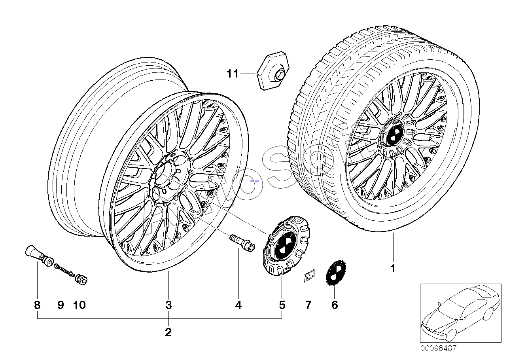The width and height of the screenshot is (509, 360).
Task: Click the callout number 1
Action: (x=393, y=268)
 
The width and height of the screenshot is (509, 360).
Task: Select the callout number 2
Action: (x=168, y=332)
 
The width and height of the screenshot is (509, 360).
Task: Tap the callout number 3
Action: (x=168, y=305)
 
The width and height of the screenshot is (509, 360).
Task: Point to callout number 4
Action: (x=238, y=305)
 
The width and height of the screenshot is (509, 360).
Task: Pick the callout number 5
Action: (x=282, y=305)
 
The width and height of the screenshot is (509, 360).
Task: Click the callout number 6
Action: (x=335, y=305)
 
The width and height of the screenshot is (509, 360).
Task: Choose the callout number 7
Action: (x=308, y=305)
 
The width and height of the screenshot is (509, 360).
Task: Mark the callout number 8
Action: (x=37, y=305)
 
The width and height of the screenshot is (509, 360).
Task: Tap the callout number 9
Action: (x=61, y=305)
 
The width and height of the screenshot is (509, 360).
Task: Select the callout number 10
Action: (x=79, y=305)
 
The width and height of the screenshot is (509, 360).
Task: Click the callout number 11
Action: (x=233, y=74)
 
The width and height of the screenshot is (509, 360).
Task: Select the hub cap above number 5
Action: (x=286, y=246)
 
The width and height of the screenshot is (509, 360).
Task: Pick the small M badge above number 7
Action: (x=309, y=275)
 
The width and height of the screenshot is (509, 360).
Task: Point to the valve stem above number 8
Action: (x=39, y=256)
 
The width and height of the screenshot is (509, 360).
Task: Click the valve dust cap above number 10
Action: (x=81, y=279)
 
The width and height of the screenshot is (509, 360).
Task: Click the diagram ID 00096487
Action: (x=438, y=349)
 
